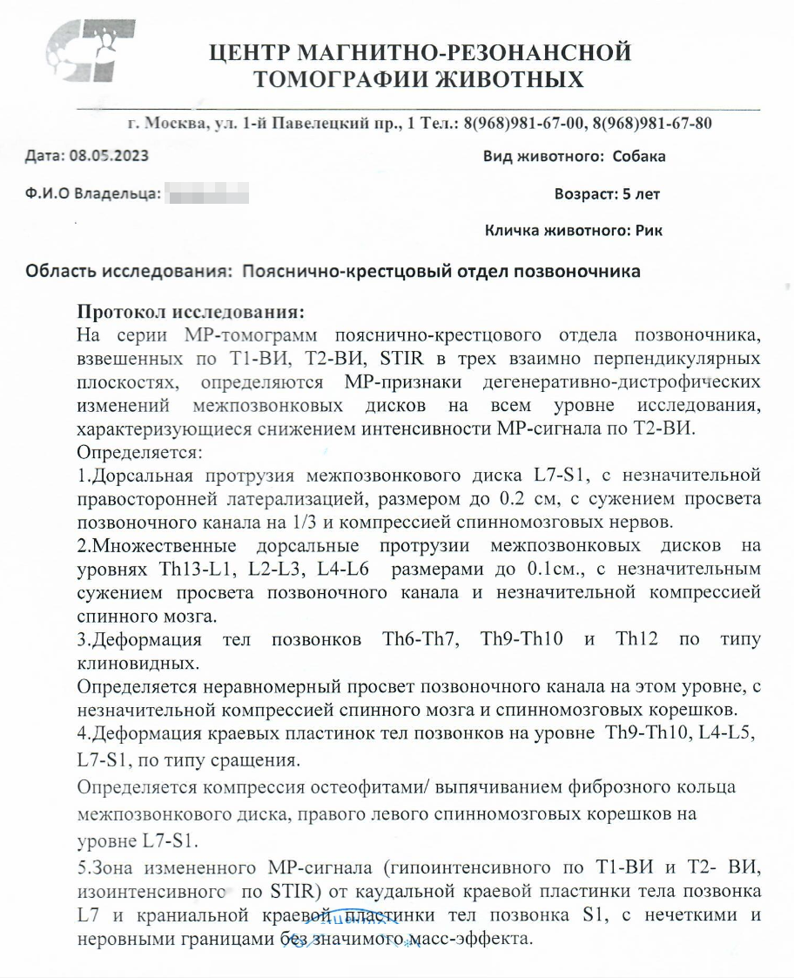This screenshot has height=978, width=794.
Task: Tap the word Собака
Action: click(x=639, y=157)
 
